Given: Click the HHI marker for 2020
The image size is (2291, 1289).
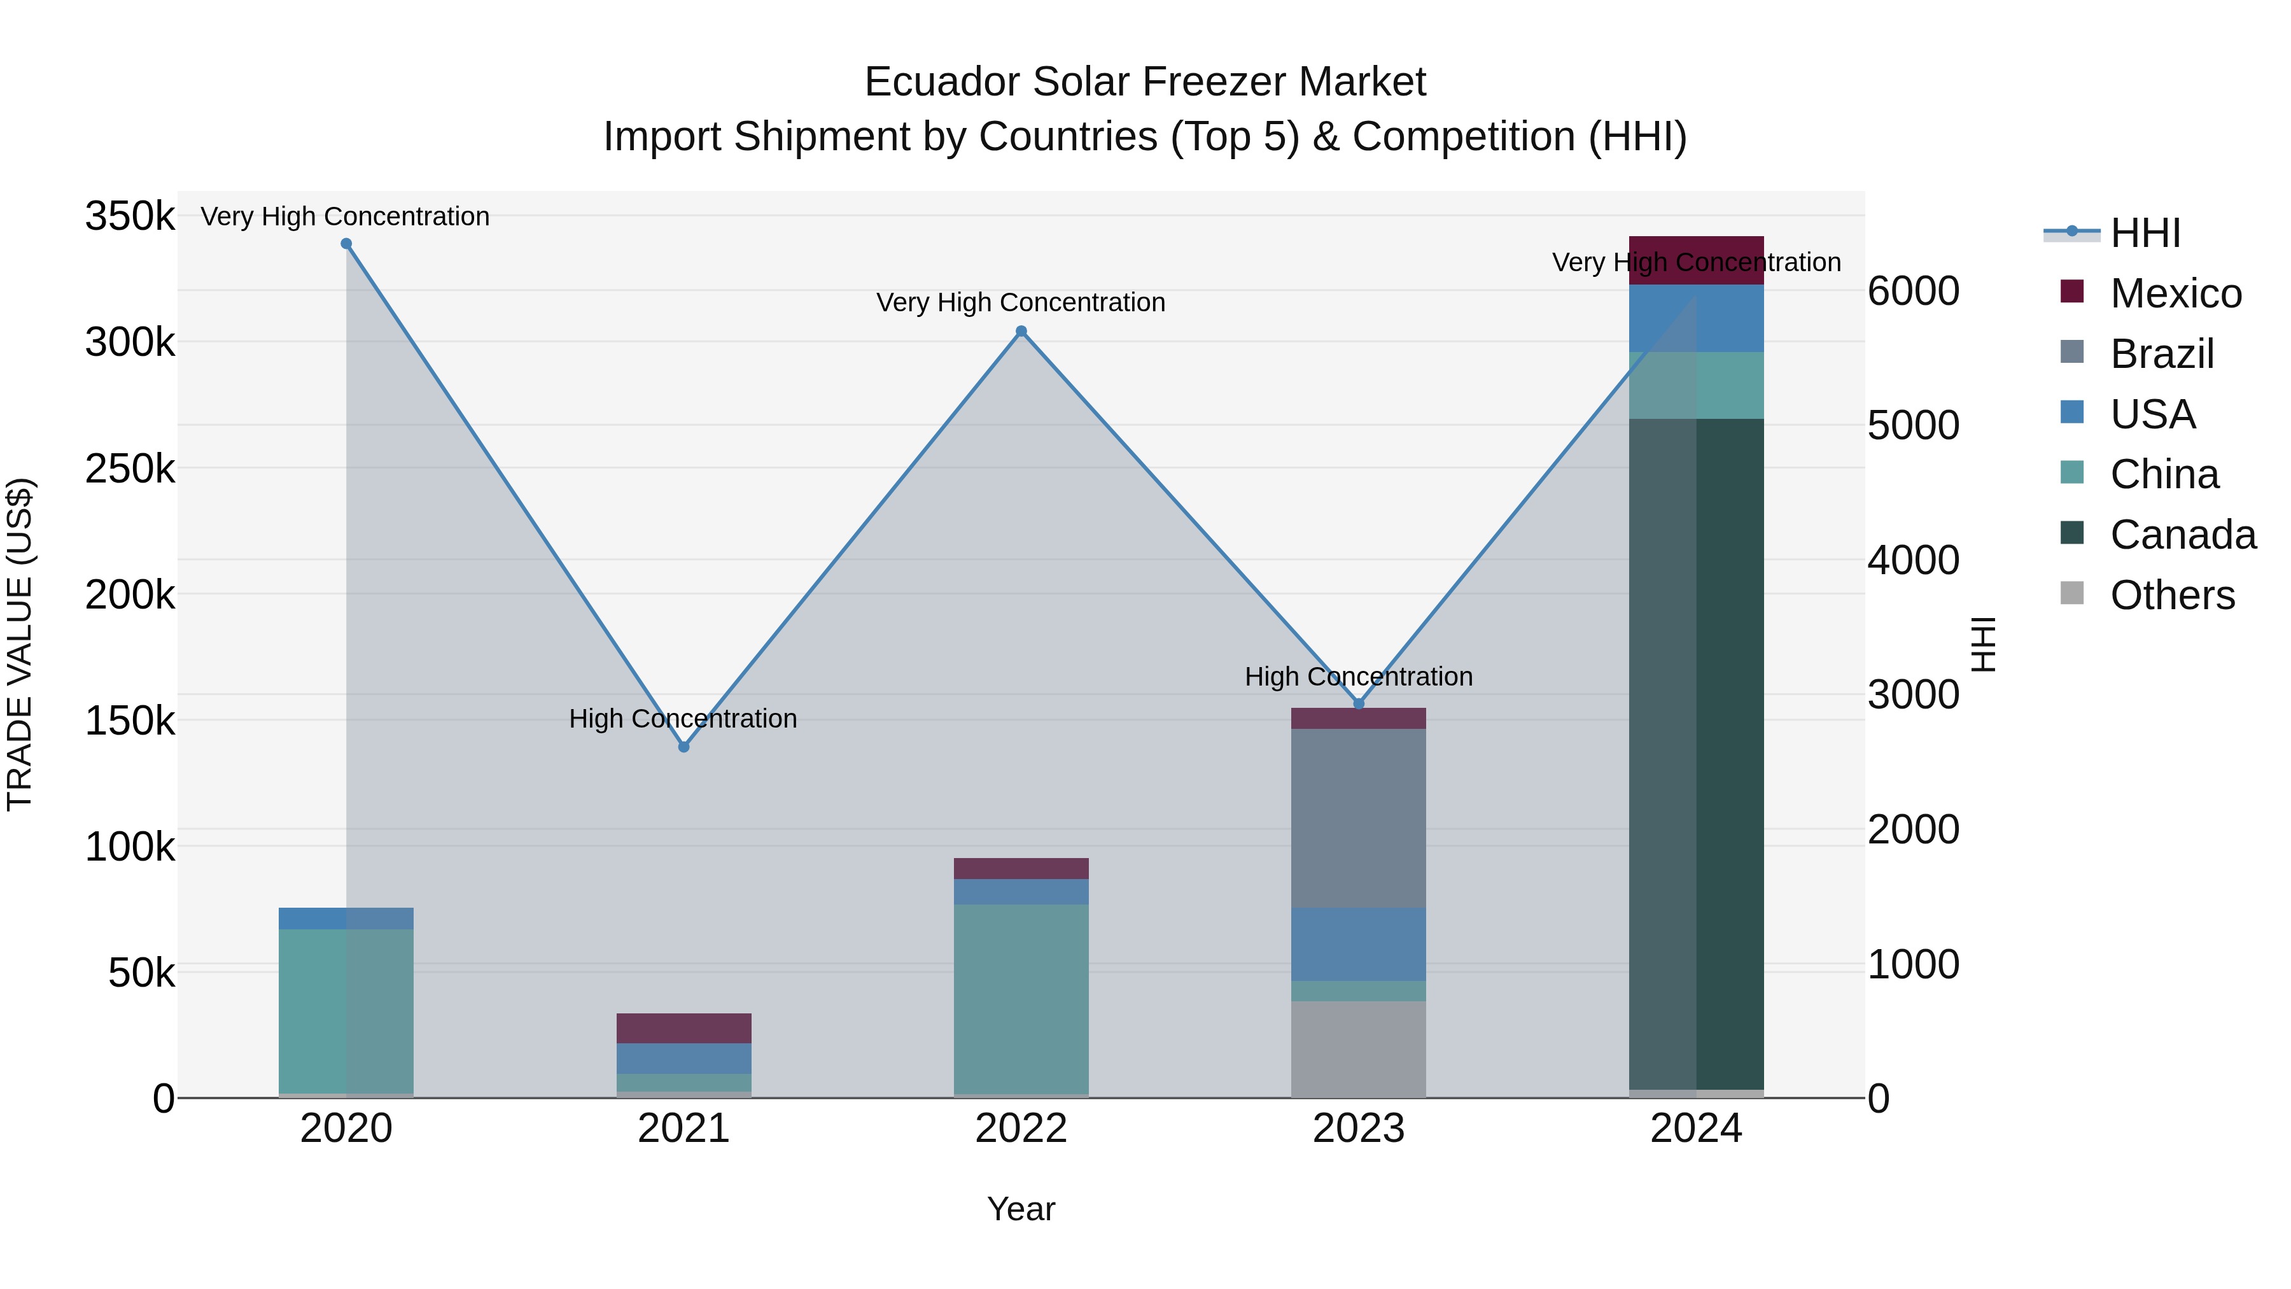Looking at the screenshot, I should click(x=346, y=244).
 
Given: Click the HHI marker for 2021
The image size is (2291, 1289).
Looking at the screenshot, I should click(x=683, y=747).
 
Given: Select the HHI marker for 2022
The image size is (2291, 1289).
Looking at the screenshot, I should click(x=1021, y=332).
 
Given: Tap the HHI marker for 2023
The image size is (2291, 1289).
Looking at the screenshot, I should click(x=1358, y=703).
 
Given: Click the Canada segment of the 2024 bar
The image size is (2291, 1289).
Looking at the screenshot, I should click(x=1696, y=756).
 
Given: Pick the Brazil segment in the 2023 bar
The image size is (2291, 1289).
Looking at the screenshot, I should click(x=1358, y=819).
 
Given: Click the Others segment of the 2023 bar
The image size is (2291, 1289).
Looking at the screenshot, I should click(x=1358, y=1050).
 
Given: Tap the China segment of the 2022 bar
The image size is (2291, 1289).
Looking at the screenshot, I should click(x=1021, y=996).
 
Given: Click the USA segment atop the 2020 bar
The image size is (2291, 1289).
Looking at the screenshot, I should click(x=346, y=918).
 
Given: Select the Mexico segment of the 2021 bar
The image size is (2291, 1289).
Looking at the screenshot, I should click(x=683, y=1029).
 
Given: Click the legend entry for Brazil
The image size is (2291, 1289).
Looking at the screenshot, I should click(x=2161, y=354).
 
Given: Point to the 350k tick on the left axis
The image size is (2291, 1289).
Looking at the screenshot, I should click(x=130, y=216).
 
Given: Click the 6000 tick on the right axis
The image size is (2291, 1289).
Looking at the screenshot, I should click(x=1913, y=292).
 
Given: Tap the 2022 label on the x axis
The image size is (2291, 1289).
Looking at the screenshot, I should click(x=1021, y=1129).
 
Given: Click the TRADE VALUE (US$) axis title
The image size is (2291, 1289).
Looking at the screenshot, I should click(x=20, y=644).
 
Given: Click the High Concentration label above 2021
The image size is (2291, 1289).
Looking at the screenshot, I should click(x=683, y=719).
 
